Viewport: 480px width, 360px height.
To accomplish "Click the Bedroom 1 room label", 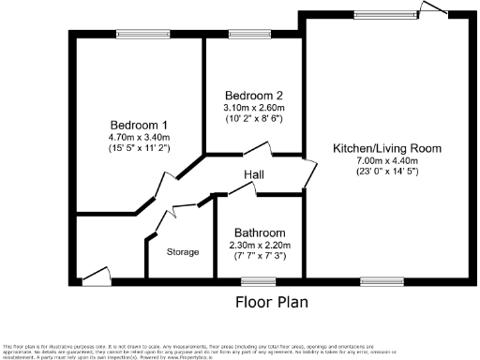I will (x=139, y=126).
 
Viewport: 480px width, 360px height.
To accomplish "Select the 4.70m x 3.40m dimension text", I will (x=139, y=137).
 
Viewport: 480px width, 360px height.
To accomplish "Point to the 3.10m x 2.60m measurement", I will (x=254, y=108).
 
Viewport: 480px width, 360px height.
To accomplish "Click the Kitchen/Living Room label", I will (x=386, y=149).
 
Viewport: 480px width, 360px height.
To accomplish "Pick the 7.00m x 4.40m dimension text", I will (x=386, y=160).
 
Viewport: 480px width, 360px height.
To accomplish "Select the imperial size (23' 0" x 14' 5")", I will (x=386, y=172).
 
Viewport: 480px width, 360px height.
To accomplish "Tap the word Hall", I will (x=254, y=175).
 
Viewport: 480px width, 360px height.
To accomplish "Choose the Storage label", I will (x=183, y=252).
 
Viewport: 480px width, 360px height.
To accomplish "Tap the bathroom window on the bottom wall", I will (x=253, y=280).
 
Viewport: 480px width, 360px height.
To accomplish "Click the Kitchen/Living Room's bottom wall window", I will (x=380, y=280).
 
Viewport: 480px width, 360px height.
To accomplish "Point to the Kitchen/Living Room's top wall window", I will (x=380, y=14).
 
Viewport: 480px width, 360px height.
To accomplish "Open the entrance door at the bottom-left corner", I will (x=95, y=277).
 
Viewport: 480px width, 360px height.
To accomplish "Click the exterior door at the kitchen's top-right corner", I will (x=434, y=9).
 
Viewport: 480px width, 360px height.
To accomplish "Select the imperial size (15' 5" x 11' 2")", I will (x=139, y=148).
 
